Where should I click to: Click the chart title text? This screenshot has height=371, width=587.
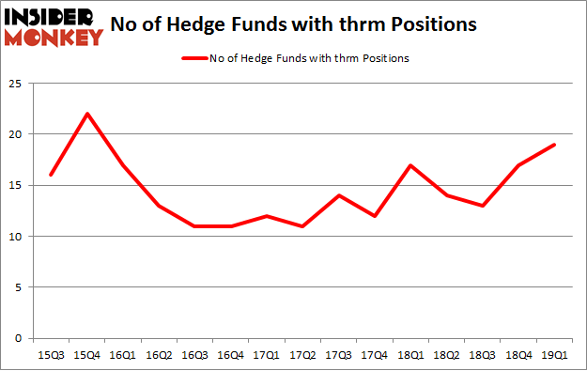click(310, 23)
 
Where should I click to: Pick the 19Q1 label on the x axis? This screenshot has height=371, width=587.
click(554, 356)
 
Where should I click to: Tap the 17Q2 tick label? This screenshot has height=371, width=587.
click(302, 356)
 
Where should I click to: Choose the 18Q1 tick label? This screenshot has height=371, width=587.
click(410, 356)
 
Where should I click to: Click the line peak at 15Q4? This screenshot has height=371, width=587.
click(86, 114)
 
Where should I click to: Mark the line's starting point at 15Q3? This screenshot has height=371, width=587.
click(51, 175)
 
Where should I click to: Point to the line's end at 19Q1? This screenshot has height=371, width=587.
click(554, 145)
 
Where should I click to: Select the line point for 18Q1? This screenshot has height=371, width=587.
click(410, 165)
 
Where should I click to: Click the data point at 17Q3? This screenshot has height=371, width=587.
click(338, 195)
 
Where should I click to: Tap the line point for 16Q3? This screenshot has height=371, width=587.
click(194, 226)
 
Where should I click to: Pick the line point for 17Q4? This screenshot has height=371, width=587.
click(374, 216)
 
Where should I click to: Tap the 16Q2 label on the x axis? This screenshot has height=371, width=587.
click(159, 356)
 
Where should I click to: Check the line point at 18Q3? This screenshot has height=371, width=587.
click(482, 206)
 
